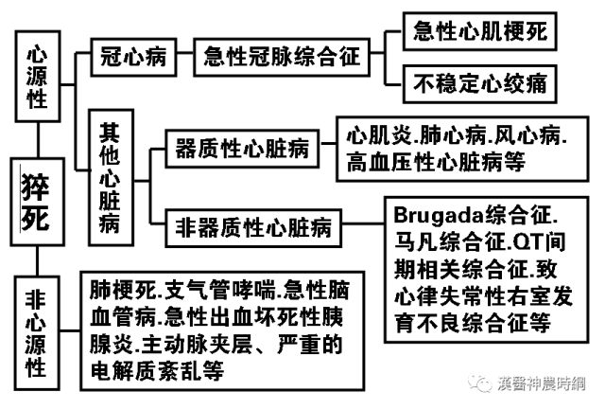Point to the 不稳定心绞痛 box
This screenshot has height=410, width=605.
(x=479, y=84)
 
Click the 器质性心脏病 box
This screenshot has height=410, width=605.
(x=242, y=149)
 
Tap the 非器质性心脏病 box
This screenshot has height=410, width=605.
(x=253, y=226)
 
